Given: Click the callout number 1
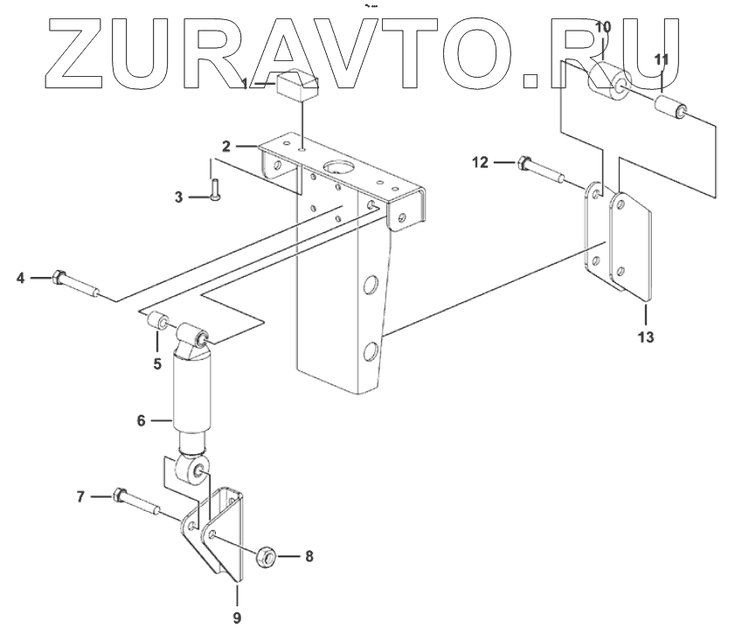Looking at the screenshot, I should tap(246, 84).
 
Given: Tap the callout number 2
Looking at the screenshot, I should tap(225, 146).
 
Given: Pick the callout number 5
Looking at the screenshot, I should tap(157, 362).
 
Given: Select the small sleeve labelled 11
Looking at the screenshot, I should tap(669, 113).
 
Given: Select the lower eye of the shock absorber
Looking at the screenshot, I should tap(194, 473).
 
